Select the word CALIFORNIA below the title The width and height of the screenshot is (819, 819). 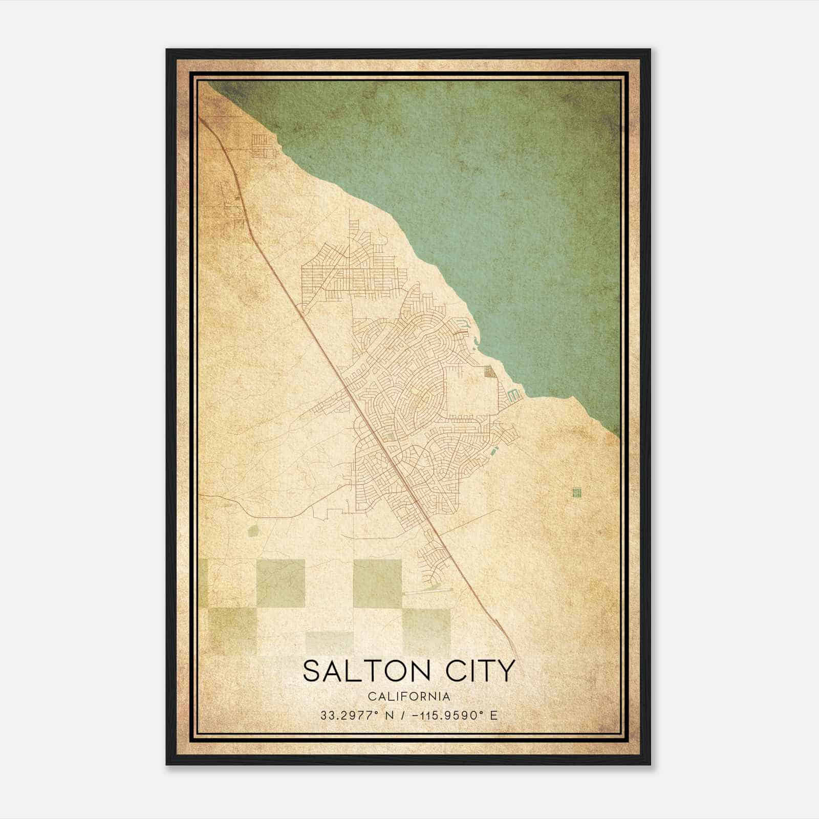tap(408, 696)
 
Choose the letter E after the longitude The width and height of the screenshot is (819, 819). tap(493, 715)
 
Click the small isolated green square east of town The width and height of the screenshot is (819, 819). tap(578, 492)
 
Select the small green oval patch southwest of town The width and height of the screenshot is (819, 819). tap(253, 532)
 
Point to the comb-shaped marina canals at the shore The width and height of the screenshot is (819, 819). tap(513, 395)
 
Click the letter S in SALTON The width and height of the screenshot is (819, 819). tap(312, 671)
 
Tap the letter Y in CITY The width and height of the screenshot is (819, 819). tap(505, 671)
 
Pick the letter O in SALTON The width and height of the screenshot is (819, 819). tap(392, 671)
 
